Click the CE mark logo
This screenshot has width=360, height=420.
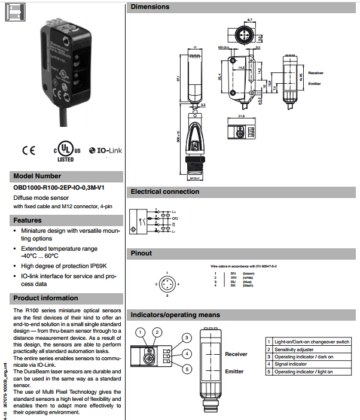[29, 151]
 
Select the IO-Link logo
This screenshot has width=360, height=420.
[105, 151]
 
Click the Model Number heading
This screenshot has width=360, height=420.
[37, 176]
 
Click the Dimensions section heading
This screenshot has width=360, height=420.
[150, 7]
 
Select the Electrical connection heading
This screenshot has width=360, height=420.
[165, 191]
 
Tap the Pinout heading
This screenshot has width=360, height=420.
[142, 253]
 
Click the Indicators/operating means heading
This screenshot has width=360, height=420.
[175, 315]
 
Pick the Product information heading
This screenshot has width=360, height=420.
[45, 298]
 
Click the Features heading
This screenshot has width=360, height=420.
[28, 220]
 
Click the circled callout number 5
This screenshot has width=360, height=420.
[187, 369]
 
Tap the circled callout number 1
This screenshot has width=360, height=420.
[140, 331]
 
